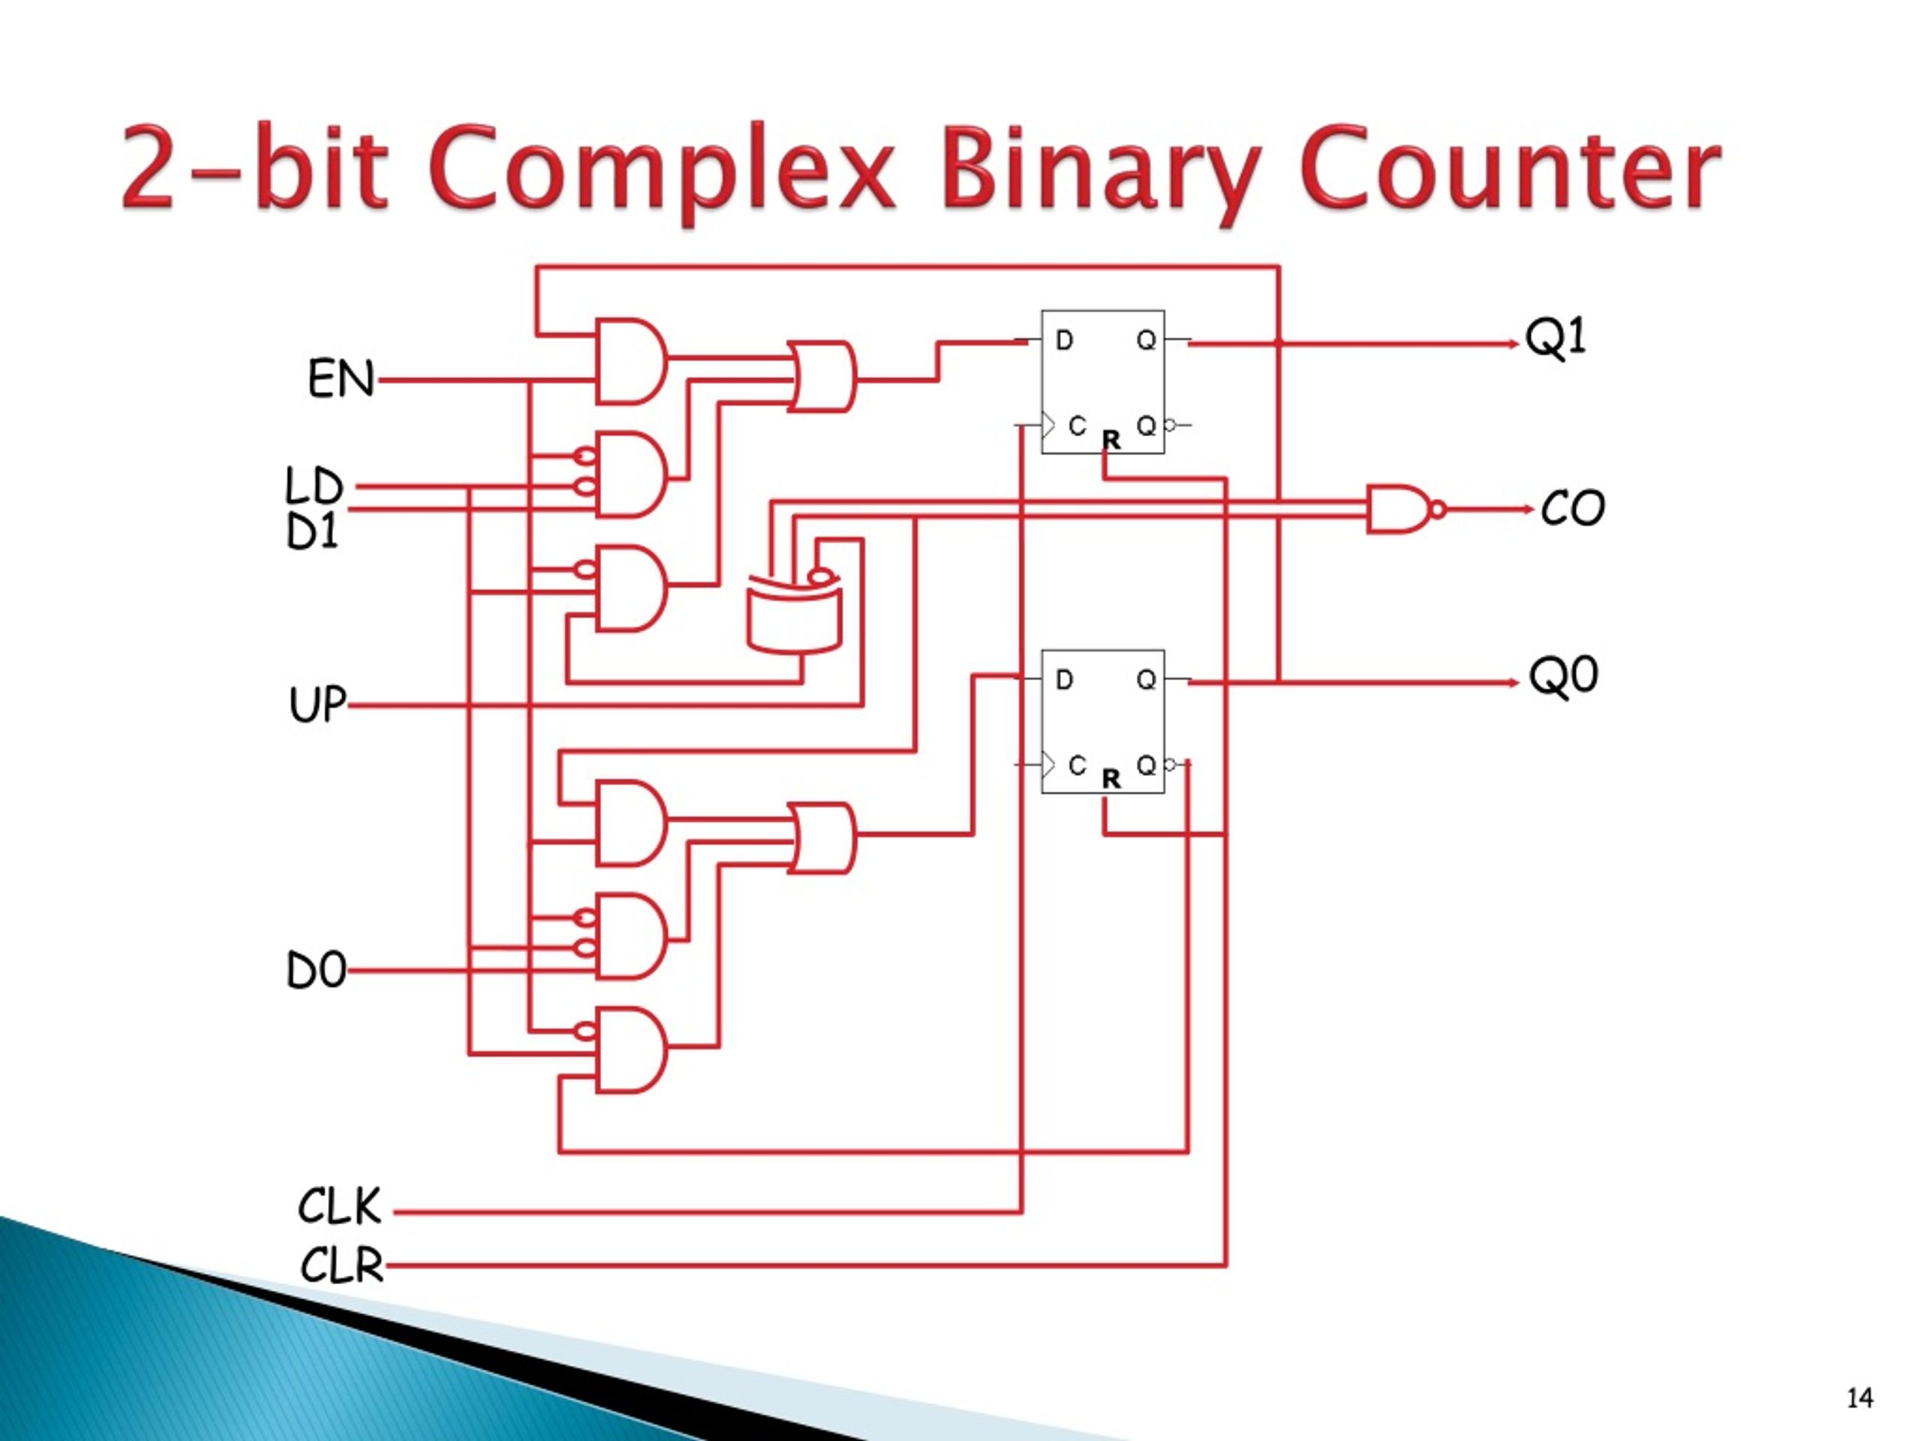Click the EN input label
coord(341,379)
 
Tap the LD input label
coord(314,486)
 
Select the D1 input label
coord(311,531)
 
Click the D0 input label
coord(316,970)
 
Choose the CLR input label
coord(341,1265)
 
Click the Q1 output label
coord(1556,337)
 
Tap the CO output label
coord(1573,508)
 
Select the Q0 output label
coord(1563,675)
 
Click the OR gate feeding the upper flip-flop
coord(822,376)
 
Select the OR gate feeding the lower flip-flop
coord(822,838)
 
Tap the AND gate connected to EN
coord(631,361)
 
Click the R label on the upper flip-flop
coord(1111,441)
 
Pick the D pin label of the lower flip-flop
coord(1064,679)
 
